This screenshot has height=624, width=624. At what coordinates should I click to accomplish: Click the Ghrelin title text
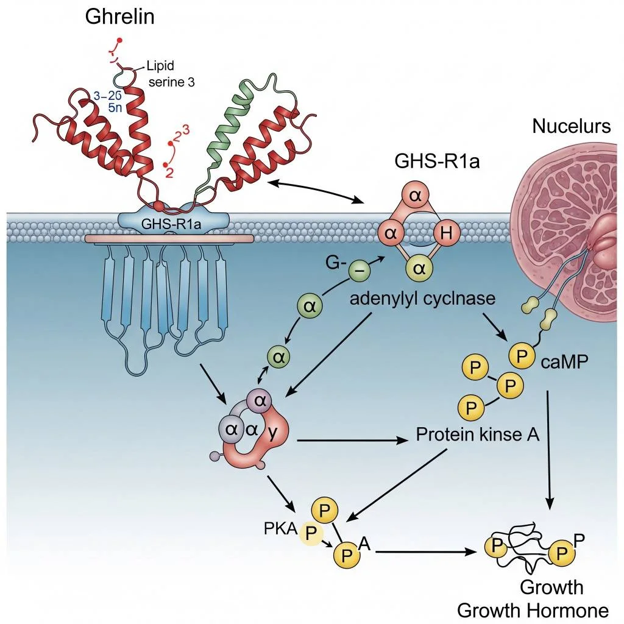click(119, 16)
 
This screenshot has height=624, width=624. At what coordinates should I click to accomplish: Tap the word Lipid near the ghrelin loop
click(160, 66)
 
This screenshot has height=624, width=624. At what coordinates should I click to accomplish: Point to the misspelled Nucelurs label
click(571, 126)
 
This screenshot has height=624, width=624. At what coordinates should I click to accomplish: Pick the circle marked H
click(445, 232)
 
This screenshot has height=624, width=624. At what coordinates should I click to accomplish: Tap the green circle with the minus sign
click(359, 269)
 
